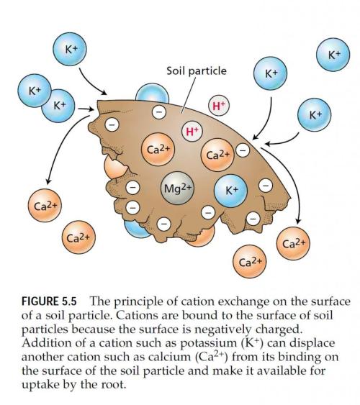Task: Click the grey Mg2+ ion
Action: tap(177, 188)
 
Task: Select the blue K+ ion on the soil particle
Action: tap(231, 191)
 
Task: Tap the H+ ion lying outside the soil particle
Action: tap(219, 105)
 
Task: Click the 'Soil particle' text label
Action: tap(197, 71)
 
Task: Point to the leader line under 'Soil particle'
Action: tap(188, 95)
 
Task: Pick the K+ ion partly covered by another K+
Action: tap(59, 106)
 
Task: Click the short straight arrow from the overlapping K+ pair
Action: tap(86, 109)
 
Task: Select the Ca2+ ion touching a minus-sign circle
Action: tap(217, 155)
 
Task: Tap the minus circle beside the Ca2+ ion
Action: tap(243, 150)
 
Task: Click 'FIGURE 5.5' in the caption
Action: tap(49, 301)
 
